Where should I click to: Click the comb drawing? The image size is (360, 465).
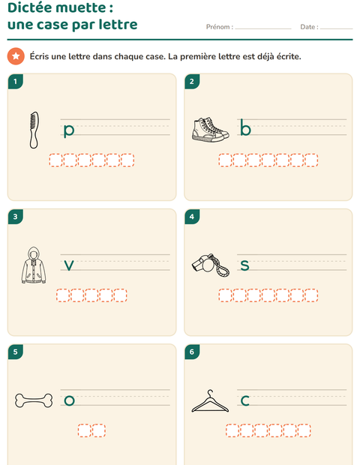click(x=34, y=130)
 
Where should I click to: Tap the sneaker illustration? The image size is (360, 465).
click(x=210, y=130)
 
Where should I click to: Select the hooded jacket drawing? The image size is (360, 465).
click(x=34, y=265)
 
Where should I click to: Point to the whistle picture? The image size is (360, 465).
click(x=210, y=265)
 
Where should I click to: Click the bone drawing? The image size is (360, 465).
click(x=34, y=400)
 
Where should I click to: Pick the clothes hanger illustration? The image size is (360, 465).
click(x=210, y=401)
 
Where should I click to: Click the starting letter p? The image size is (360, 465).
click(x=69, y=130)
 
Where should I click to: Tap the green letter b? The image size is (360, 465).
click(x=245, y=127)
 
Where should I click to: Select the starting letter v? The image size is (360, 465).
click(x=69, y=265)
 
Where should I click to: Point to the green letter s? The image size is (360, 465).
click(x=244, y=265)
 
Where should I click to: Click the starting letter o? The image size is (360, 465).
click(x=70, y=400)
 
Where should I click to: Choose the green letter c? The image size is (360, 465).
click(x=245, y=400)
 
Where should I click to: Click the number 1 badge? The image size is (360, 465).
click(x=16, y=81)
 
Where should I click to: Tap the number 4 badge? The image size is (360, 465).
click(x=192, y=217)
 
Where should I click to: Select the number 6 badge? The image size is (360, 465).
click(x=192, y=352)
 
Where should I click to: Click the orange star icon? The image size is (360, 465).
click(x=16, y=56)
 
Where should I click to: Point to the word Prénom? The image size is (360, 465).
click(x=218, y=27)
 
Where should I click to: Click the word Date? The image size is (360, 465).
click(x=307, y=27)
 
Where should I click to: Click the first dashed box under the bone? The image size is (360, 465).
click(x=85, y=430)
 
